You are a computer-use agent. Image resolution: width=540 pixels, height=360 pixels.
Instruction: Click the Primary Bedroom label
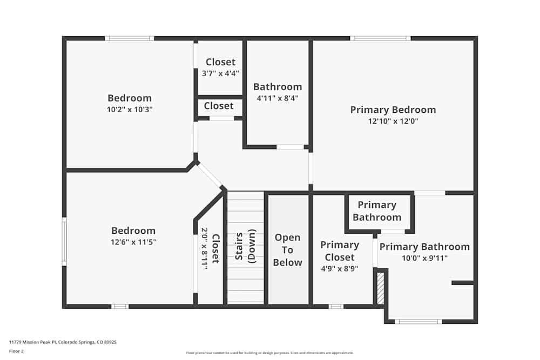point(393,110)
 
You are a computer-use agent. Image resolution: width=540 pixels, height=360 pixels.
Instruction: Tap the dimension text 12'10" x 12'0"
point(393,121)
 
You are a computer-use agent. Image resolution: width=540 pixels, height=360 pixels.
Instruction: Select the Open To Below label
point(287,250)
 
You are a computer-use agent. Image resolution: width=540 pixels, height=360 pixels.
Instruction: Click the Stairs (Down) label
point(245,247)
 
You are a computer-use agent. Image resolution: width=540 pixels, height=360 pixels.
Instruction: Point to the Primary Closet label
point(340,251)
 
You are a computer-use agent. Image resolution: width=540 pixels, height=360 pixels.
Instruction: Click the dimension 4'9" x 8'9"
point(340,268)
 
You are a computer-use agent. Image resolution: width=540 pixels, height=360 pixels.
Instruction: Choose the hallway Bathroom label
point(278,87)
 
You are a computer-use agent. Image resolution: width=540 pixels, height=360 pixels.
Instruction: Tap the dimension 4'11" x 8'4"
point(278,98)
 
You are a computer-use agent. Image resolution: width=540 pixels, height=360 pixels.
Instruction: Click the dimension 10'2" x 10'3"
point(130,109)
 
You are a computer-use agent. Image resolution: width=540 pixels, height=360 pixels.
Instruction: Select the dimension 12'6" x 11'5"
point(133,242)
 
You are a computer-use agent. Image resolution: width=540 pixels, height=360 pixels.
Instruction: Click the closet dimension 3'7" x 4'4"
point(220,73)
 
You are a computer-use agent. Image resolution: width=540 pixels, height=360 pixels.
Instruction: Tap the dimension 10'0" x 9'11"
point(424,258)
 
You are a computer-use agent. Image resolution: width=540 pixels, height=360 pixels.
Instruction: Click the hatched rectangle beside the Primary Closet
point(380,288)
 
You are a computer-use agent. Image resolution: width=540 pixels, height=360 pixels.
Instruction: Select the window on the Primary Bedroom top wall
point(380,38)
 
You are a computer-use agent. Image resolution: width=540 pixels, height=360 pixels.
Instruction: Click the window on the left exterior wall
point(64,241)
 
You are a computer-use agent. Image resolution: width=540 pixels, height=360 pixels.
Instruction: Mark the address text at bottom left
point(63,342)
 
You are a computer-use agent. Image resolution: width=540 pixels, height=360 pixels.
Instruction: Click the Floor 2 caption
point(16,351)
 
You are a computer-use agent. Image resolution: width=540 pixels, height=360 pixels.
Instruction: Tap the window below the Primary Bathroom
point(418,321)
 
